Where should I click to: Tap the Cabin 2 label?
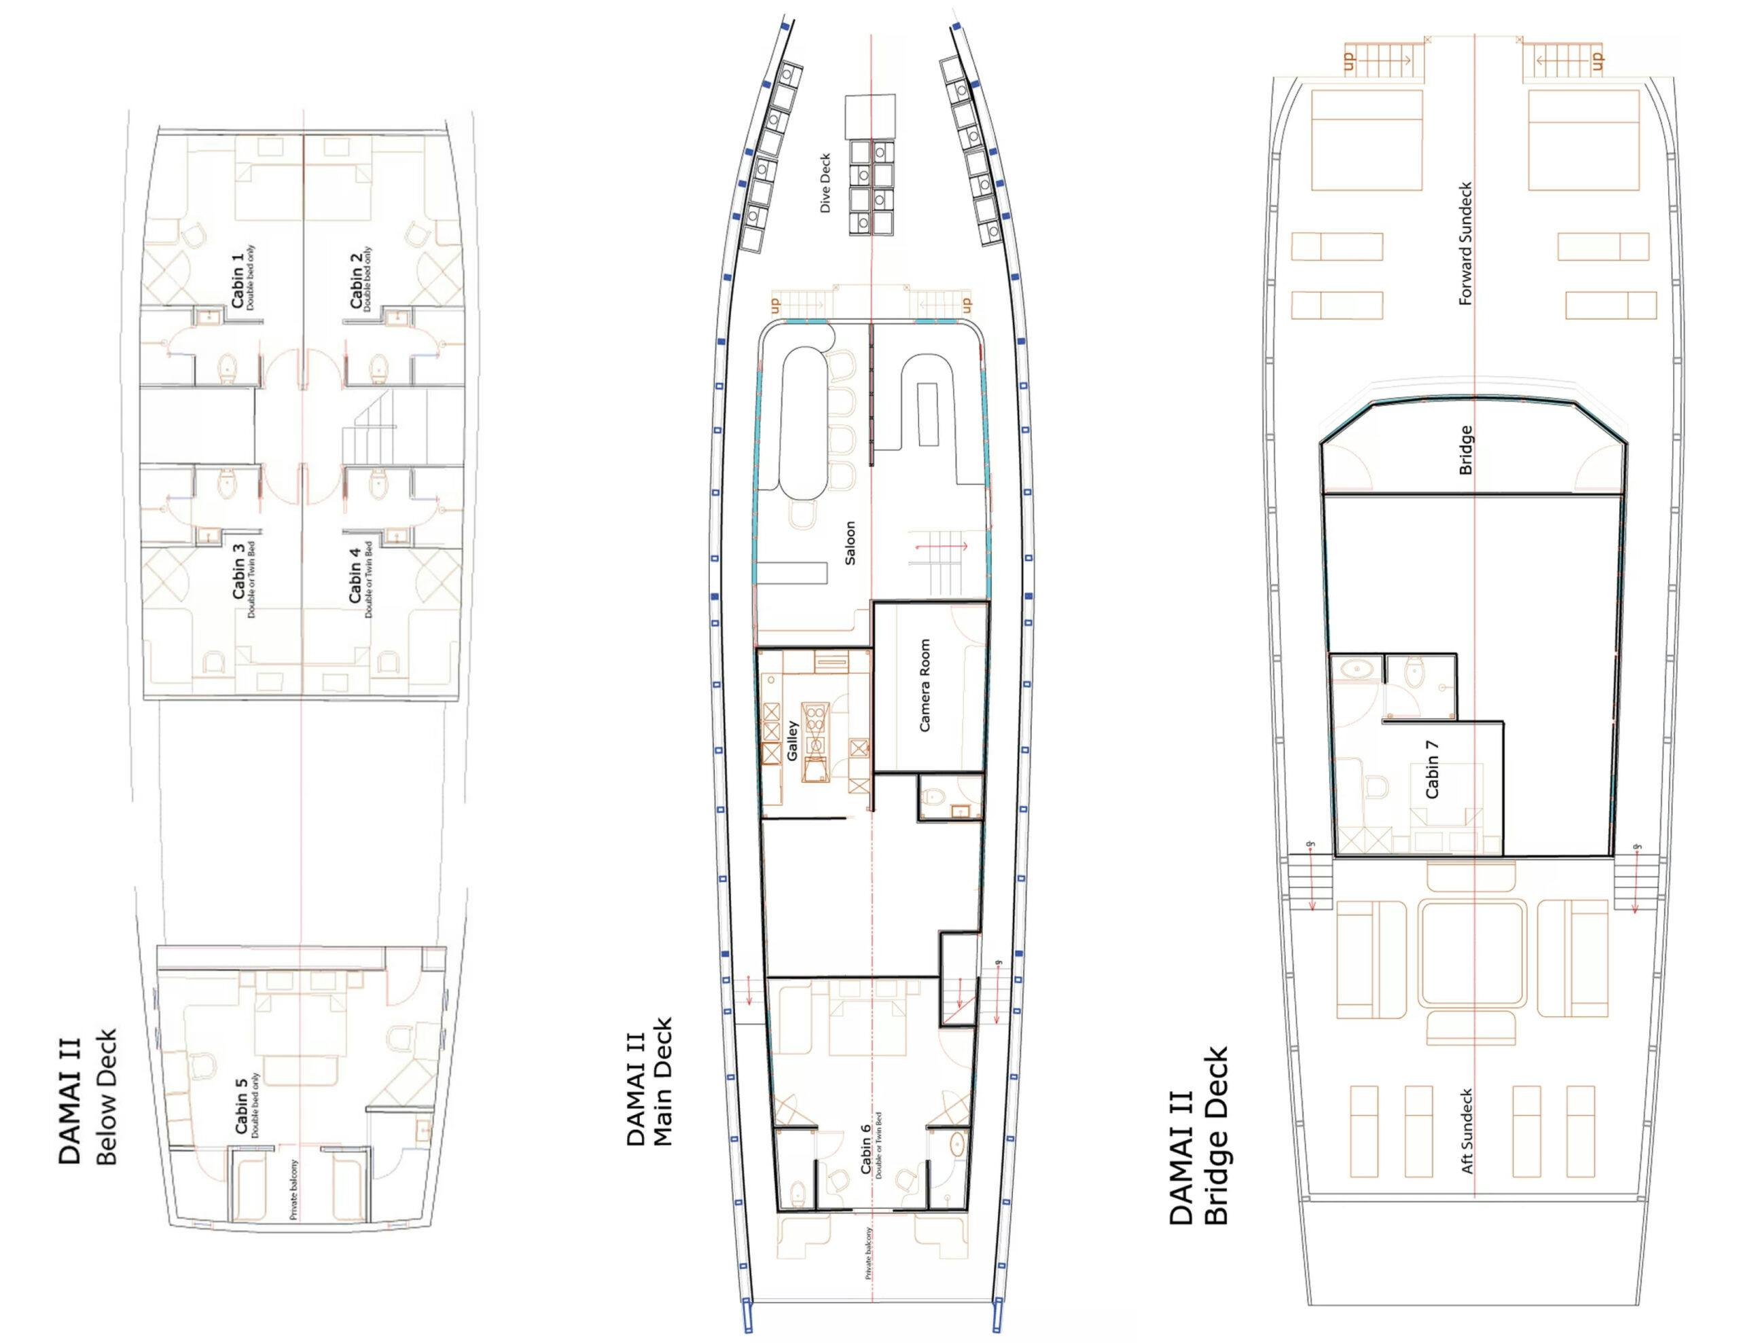pos(357,286)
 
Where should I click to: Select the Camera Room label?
pos(925,686)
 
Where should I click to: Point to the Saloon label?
pos(850,543)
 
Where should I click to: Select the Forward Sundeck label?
pos(1467,244)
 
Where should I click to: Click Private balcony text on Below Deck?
pos(294,1190)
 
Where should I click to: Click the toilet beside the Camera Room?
pos(933,794)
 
